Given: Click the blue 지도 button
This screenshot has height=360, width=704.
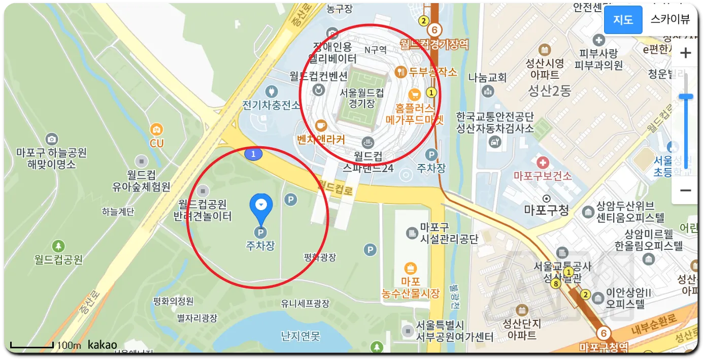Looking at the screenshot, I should click(623, 20).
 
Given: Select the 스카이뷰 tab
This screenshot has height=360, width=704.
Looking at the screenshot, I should click(670, 20).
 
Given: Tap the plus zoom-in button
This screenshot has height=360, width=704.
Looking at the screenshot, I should click(685, 53).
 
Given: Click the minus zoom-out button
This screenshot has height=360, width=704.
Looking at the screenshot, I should click(685, 190).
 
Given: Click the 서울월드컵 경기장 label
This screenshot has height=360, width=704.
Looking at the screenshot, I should click(361, 98).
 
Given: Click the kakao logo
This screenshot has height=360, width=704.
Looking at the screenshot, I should click(102, 345).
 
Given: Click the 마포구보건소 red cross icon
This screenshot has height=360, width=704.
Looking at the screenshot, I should click(543, 163).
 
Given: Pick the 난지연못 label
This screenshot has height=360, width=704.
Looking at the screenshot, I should click(300, 336).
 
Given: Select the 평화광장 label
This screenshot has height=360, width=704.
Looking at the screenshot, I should click(320, 257).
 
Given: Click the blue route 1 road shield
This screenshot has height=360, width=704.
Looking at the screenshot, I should click(253, 153).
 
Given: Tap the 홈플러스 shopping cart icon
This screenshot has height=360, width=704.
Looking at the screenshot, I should click(415, 94).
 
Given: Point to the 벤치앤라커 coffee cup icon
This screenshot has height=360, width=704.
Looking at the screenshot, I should click(321, 125).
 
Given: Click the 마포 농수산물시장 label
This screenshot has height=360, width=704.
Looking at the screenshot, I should click(410, 287).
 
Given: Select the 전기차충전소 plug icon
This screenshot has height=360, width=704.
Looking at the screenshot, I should click(271, 92).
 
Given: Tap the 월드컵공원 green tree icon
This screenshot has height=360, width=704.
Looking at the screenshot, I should click(58, 246).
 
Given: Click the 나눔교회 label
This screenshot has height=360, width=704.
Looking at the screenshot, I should click(487, 78).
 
